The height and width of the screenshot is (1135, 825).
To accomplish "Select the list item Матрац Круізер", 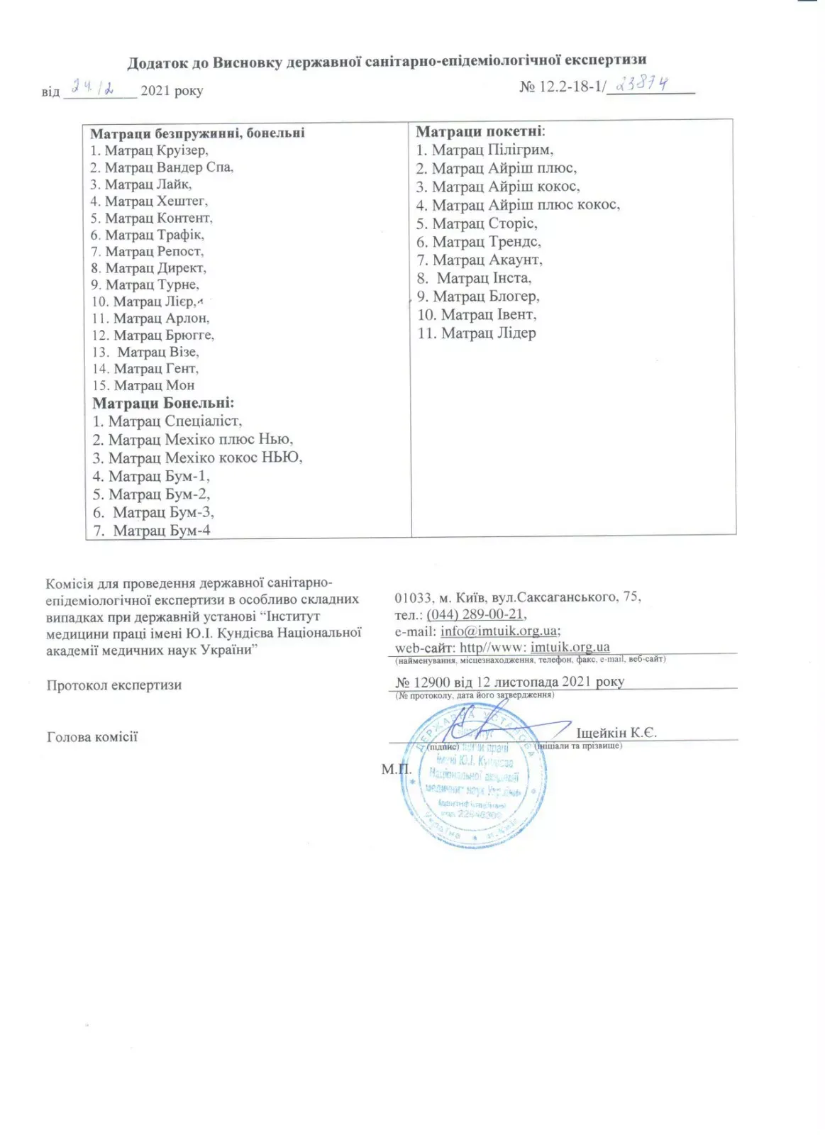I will point(149,150).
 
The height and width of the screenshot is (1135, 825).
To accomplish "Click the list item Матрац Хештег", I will point(149,201).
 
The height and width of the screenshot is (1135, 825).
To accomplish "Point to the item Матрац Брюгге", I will point(153,335).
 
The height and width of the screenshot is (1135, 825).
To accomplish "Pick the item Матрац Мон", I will point(143,385).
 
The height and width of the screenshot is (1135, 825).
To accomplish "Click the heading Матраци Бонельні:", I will point(163,403).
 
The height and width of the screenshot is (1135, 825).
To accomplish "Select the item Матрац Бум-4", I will point(152,531).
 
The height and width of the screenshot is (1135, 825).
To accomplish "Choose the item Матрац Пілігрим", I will point(485,150).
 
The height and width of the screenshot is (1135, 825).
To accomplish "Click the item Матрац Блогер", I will point(478,297).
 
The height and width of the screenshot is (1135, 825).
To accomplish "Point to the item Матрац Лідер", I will point(477,333).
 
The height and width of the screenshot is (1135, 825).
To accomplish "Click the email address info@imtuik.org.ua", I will point(499,631).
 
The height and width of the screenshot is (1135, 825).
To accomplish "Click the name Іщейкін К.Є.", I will point(616,733).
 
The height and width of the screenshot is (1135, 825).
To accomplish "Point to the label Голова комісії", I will point(92,737).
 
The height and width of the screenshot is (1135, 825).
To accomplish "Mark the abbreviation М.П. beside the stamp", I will point(395,769).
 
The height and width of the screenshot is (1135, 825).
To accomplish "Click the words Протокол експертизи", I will point(114,685).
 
